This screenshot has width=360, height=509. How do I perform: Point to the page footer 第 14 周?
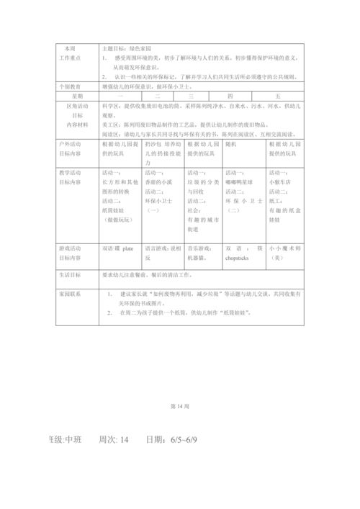coord(179,406)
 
